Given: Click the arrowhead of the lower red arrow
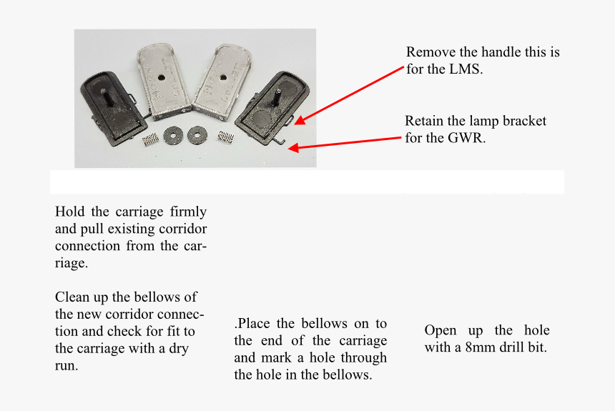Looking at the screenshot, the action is tap(293, 148).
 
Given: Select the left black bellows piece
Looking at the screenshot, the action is tap(114, 107).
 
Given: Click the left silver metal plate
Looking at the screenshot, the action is tap(164, 81).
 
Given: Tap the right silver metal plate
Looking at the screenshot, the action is tap(222, 83).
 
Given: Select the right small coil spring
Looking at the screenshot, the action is tap(226, 137).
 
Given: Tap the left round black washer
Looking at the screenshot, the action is tap(173, 135).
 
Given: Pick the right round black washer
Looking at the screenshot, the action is tap(197, 134).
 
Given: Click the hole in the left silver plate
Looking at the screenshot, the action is tap(161, 78).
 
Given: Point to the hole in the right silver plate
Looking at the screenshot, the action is tap(223, 77).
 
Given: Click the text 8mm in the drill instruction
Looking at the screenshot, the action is tap(478, 347).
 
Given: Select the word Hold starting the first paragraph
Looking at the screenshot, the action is tap(70, 212).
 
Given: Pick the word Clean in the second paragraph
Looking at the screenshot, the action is tap(72, 297).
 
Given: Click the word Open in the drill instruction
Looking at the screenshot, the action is tap(441, 331).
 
